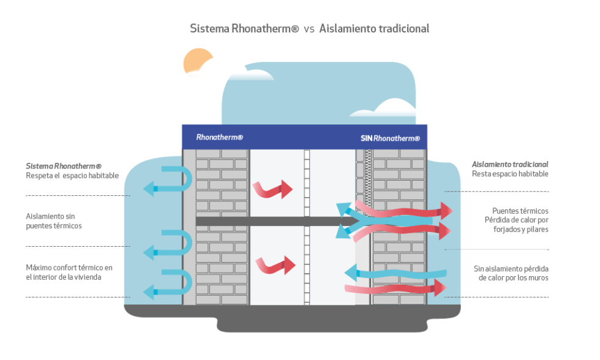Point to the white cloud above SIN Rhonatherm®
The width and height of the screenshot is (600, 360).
point(392,108)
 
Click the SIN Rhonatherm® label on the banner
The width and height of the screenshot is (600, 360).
point(390,138)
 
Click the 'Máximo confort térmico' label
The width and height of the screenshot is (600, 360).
point(69,272)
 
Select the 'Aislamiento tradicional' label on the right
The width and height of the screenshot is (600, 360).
point(509,169)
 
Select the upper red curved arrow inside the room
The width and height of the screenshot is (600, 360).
point(273,187)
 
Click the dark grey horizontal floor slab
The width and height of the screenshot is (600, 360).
point(269,220)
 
